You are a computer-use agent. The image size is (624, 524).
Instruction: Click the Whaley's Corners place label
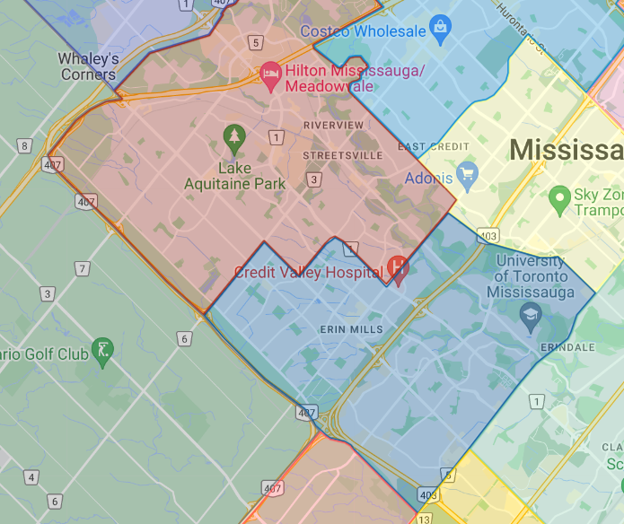[88, 66]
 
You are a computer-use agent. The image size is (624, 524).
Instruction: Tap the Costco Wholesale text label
[363, 31]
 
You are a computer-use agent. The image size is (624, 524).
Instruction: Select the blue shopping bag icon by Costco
[439, 26]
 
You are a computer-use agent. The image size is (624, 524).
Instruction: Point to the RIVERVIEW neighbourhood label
[334, 125]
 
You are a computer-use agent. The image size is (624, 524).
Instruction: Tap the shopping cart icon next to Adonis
[466, 173]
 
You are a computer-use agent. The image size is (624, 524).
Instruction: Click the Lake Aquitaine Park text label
[234, 176]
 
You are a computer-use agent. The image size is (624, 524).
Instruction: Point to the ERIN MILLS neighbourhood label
[351, 330]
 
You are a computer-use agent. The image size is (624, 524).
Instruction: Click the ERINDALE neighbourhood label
[567, 347]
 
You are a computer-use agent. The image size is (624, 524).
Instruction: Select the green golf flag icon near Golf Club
[104, 350]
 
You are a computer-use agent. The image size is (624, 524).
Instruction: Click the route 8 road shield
[24, 146]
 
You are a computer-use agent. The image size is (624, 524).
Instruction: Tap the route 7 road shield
[83, 268]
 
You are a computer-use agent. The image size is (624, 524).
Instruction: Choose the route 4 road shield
[32, 477]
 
